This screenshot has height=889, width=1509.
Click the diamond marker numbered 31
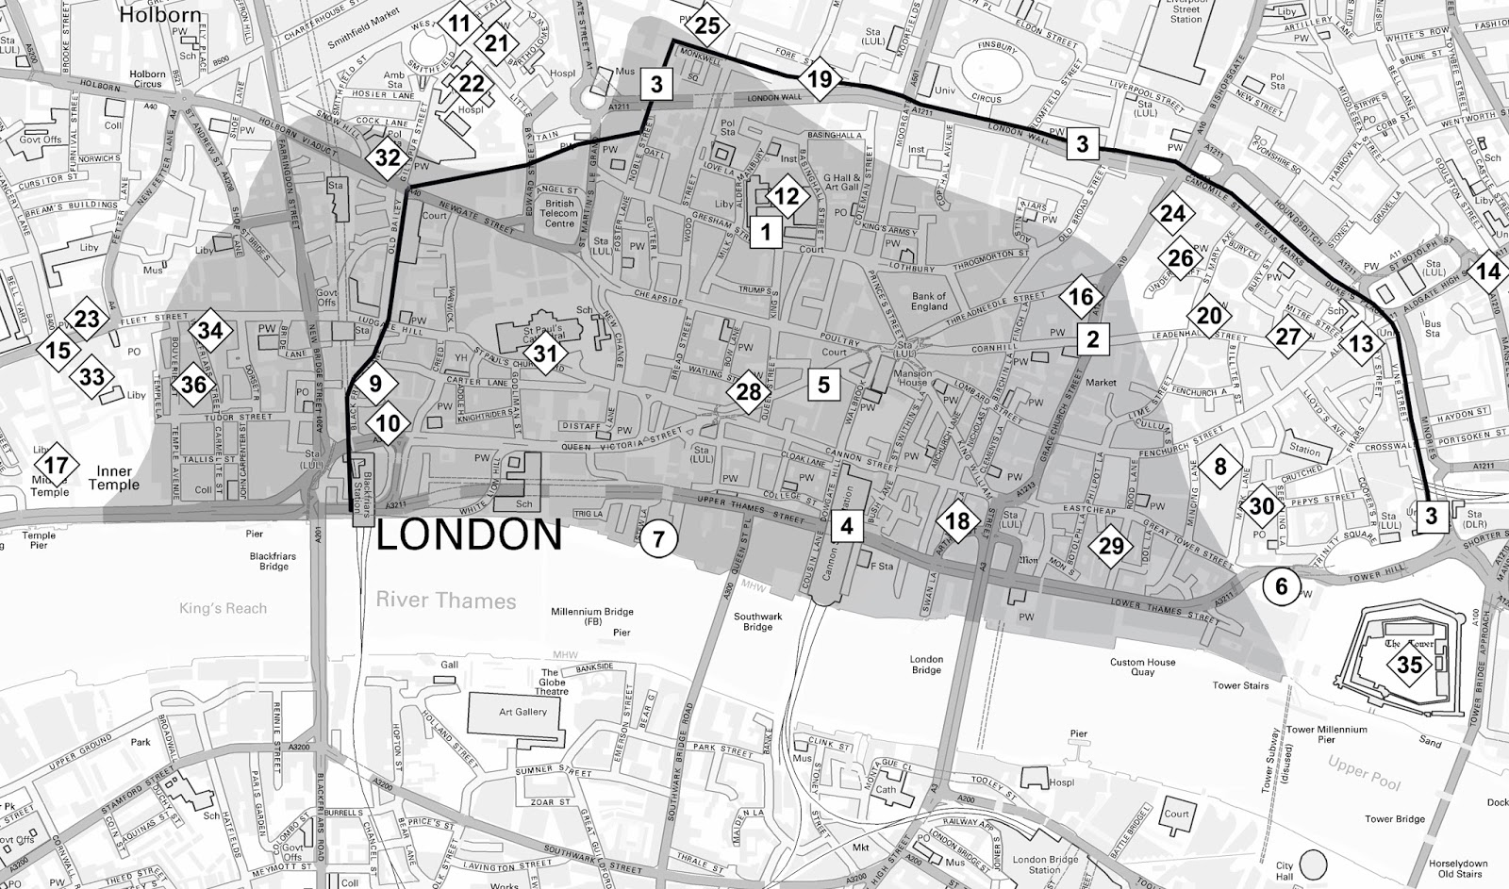pyautogui.click(x=545, y=354)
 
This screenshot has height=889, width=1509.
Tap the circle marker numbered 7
pyautogui.click(x=658, y=539)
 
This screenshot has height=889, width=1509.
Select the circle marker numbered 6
pyautogui.click(x=1281, y=586)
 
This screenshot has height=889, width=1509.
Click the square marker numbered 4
pyautogui.click(x=847, y=525)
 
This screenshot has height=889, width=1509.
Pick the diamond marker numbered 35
pyautogui.click(x=1409, y=666)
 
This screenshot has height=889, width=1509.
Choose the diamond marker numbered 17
pyautogui.click(x=56, y=465)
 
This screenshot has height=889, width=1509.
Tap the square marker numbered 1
pyautogui.click(x=766, y=231)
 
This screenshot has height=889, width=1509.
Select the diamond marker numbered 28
pyautogui.click(x=748, y=392)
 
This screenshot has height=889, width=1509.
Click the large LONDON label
pyautogui.click(x=470, y=535)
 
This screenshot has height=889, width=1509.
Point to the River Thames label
pyautogui.click(x=445, y=601)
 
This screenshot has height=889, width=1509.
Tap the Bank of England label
pyautogui.click(x=929, y=301)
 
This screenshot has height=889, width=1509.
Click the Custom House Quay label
pyautogui.click(x=1142, y=667)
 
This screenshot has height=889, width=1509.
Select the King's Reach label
pyautogui.click(x=224, y=608)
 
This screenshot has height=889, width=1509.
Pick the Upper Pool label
pyautogui.click(x=1362, y=770)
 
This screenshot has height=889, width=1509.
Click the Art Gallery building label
pyautogui.click(x=522, y=712)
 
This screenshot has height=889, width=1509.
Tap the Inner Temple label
pyautogui.click(x=114, y=478)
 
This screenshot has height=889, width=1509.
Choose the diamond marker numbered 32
pyautogui.click(x=388, y=157)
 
